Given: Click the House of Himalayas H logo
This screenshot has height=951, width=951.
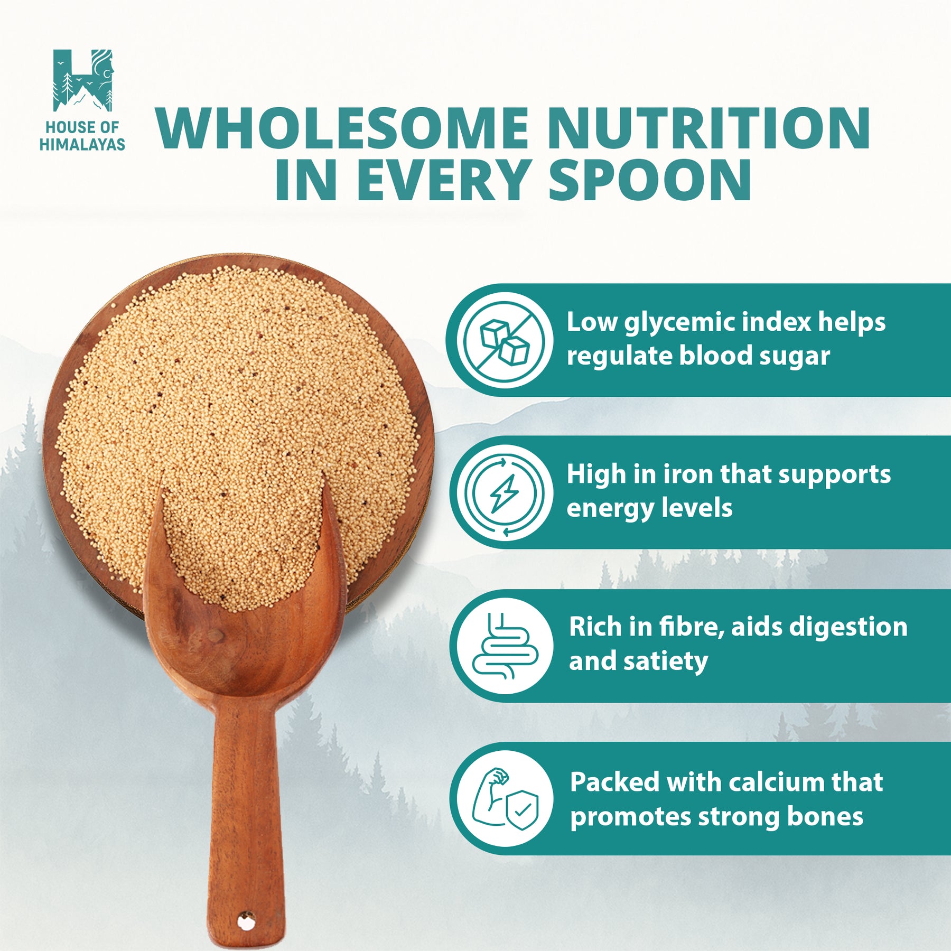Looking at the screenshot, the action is (x=83, y=81).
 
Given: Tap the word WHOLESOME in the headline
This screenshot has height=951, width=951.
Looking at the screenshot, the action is (x=342, y=129).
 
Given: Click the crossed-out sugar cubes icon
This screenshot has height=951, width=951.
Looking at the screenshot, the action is (x=505, y=340).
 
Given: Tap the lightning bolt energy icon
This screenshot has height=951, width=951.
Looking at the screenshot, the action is (x=505, y=493).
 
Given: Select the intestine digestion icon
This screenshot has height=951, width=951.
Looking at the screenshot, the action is (x=505, y=646).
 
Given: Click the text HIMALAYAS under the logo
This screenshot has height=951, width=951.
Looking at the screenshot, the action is (x=82, y=144).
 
